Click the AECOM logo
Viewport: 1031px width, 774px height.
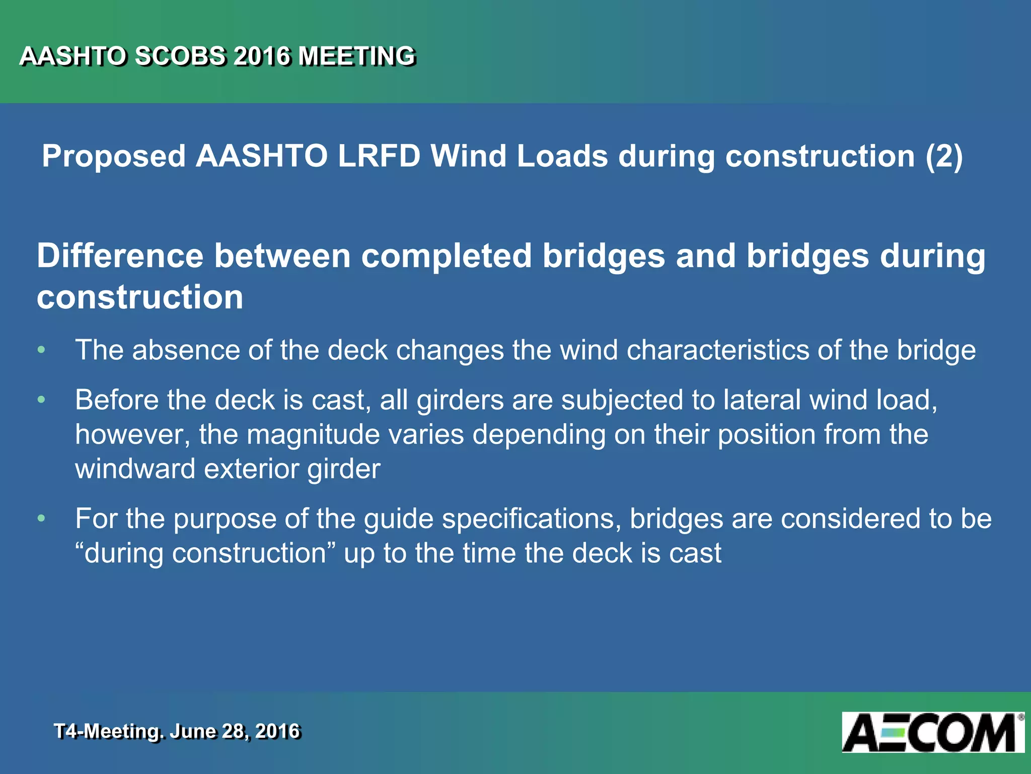[x=932, y=732]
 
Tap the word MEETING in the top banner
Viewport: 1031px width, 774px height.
[x=356, y=56]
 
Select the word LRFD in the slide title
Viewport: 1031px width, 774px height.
[x=379, y=156]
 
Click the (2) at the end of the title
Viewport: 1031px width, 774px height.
[x=944, y=156]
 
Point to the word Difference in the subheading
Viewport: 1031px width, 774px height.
[x=120, y=256]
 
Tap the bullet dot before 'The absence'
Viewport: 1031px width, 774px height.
[x=42, y=350]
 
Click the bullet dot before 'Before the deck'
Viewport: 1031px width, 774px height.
[x=42, y=400]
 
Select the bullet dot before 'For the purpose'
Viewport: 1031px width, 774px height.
[x=42, y=519]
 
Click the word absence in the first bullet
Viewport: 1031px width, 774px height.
[x=186, y=350]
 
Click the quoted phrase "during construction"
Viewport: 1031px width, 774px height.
[x=205, y=553]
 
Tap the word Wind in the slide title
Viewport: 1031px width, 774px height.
[x=468, y=156]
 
